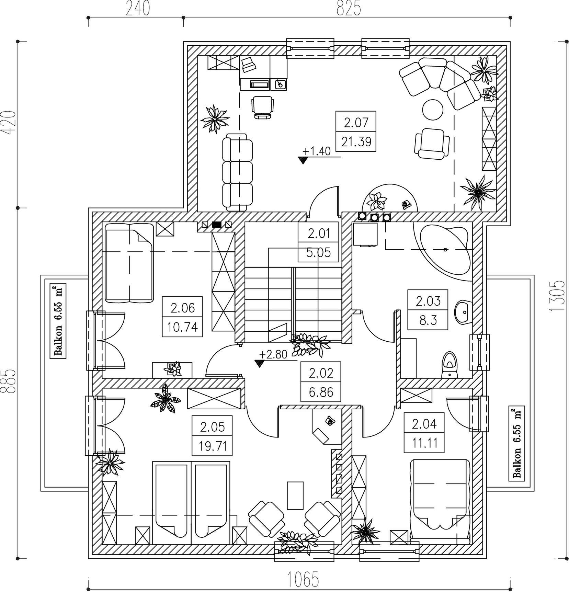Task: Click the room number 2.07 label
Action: (356, 122)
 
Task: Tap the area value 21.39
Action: (356, 141)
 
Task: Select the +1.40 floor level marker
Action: (316, 151)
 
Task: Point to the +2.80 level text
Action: (273, 354)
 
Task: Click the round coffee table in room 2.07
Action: (432, 110)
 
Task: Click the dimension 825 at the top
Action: (349, 9)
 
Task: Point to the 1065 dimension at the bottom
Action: (303, 580)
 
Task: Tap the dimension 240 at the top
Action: (138, 9)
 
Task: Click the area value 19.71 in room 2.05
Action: (213, 446)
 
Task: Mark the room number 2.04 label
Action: (424, 424)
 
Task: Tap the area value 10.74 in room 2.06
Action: (182, 327)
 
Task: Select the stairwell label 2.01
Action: (319, 234)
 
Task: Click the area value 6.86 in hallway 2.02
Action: (321, 392)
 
